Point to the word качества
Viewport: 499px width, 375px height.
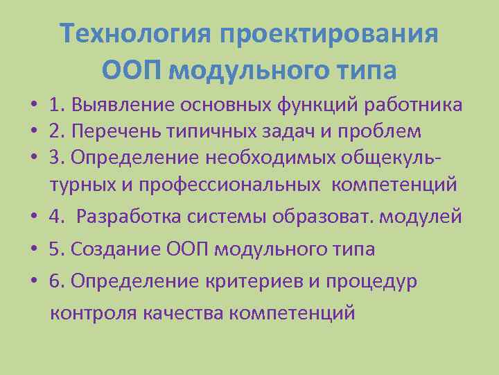tap(182, 312)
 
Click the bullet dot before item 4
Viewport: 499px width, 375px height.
tap(33, 217)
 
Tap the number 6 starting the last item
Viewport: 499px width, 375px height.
tap(53, 281)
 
